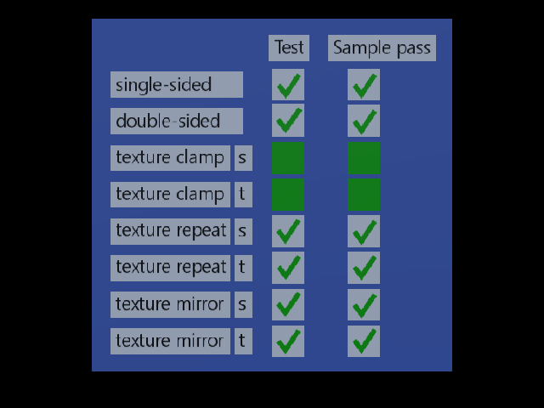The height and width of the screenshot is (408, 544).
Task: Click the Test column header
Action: coord(289,48)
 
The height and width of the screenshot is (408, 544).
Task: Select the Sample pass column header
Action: coord(382,48)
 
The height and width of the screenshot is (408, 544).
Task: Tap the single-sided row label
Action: coord(177,85)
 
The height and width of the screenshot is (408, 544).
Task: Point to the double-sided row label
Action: coord(177,121)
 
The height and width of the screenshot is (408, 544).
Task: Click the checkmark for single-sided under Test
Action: coord(288,85)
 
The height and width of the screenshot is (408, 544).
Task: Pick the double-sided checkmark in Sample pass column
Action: coord(364,121)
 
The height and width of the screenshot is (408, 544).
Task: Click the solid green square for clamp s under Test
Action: coord(288,158)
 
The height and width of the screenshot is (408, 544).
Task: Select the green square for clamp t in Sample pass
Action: coord(364,195)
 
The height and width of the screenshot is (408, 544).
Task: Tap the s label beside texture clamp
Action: coord(243,158)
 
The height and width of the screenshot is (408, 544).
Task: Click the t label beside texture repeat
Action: coord(243,268)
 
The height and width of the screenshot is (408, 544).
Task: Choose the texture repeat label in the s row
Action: coord(170,231)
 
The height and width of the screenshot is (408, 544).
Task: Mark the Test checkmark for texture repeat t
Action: coord(288,268)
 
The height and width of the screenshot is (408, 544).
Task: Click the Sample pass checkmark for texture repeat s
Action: coord(364,231)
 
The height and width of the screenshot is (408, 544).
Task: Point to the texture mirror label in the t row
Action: coord(170,341)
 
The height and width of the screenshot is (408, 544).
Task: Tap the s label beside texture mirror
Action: coord(243,304)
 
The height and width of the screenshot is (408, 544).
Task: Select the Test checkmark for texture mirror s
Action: coord(288,304)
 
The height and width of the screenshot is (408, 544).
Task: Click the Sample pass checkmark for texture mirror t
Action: coord(364,341)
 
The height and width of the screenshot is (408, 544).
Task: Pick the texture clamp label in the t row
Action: coord(170,195)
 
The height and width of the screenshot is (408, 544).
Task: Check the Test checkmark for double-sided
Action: coord(288,120)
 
